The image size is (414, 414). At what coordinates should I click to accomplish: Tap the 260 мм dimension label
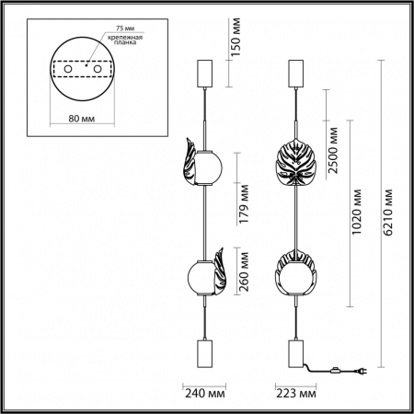point(245,272)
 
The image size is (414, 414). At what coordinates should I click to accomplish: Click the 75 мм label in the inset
point(86,28)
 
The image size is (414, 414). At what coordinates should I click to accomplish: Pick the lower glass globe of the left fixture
point(201,275)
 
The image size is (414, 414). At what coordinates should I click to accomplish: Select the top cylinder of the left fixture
point(204,72)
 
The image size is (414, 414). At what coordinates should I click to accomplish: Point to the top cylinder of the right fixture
point(296,72)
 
